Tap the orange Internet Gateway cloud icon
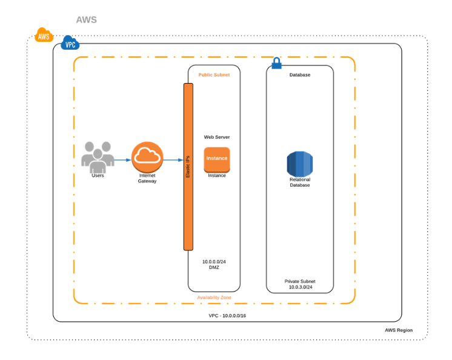click(147, 157)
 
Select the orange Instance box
click(217, 159)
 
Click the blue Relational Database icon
click(299, 164)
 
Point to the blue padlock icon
click(276, 63)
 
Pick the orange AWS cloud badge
click(44, 36)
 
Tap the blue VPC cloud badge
click(70, 44)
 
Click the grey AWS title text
click(86, 20)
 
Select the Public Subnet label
click(214, 75)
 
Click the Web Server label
click(216, 137)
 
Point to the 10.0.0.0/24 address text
click(214, 262)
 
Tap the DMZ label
click(214, 267)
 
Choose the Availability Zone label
click(214, 298)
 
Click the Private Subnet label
click(300, 281)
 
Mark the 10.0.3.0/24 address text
click(300, 287)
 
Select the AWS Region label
click(399, 330)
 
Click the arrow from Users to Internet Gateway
click(122, 160)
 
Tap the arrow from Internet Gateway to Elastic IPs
click(173, 160)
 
